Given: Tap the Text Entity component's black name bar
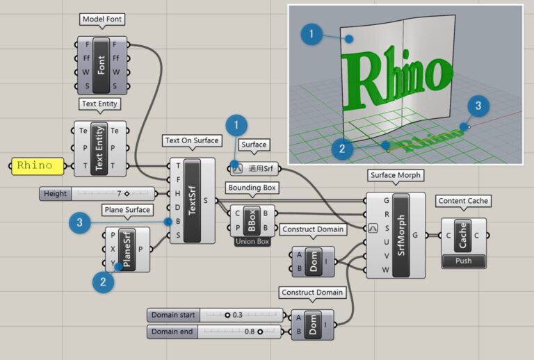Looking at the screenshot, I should click(100, 147).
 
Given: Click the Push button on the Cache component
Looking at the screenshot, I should click(463, 261).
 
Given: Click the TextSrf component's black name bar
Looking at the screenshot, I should click(191, 200).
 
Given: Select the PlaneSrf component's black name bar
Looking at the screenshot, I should click(127, 249).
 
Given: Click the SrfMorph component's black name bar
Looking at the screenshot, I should click(401, 235).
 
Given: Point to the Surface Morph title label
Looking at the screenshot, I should click(396, 176).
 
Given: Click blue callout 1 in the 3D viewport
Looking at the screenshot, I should click(312, 34).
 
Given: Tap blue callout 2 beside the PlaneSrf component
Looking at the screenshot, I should click(103, 282).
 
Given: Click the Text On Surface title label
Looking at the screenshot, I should click(191, 140).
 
